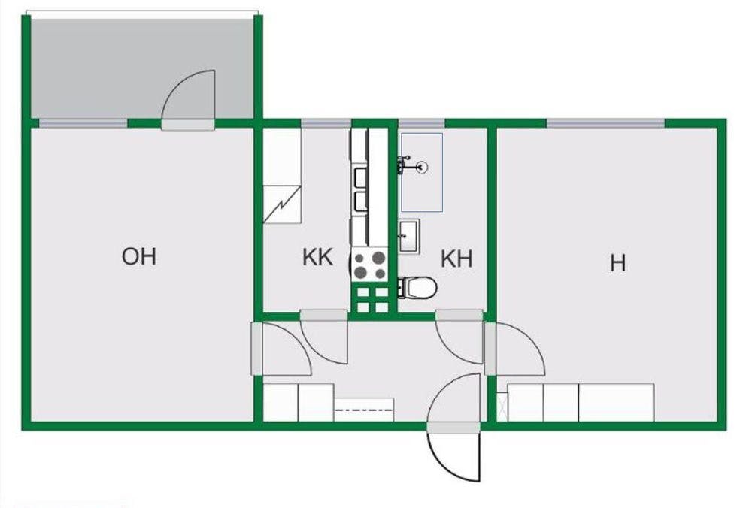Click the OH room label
tap(139, 256)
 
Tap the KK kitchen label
tap(317, 258)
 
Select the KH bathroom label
tap(456, 259)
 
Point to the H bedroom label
tap(618, 264)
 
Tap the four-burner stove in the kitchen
tap(370, 265)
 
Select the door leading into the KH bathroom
tap(459, 338)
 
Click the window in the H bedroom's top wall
tap(605, 123)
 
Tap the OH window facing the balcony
tap(83, 123)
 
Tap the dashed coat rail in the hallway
tap(363, 410)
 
